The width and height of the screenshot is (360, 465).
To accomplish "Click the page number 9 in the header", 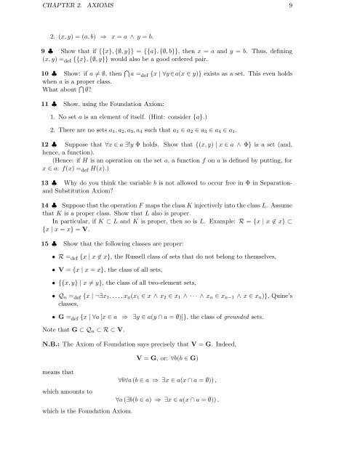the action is pyautogui.click(x=332, y=9).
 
